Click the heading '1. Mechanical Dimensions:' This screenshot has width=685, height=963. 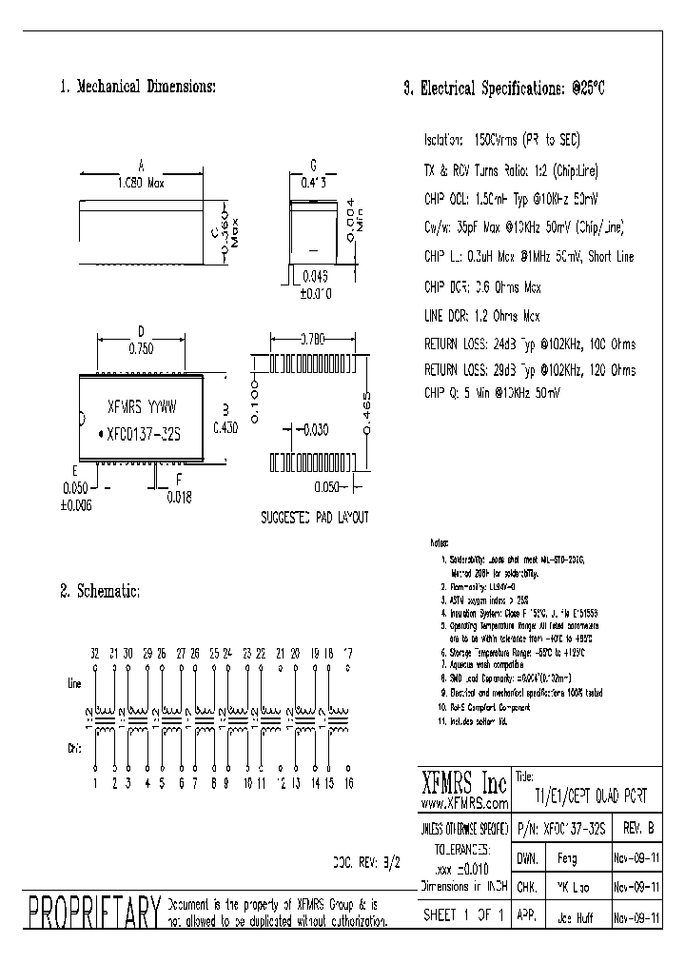[x=137, y=87]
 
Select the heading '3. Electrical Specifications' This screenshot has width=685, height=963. [x=504, y=88]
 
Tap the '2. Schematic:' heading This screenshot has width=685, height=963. [x=100, y=591]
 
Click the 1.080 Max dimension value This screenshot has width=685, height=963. [x=141, y=183]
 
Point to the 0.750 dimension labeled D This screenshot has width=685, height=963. [x=140, y=348]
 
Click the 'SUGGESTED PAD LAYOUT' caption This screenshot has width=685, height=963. [x=314, y=518]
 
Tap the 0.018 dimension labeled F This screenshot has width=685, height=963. [x=179, y=496]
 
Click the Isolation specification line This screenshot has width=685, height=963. [x=501, y=140]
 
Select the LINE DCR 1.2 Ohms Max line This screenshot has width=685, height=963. [x=481, y=316]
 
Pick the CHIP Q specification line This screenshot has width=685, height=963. [x=491, y=392]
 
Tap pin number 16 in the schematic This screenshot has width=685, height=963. [x=348, y=783]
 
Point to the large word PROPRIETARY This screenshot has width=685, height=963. [x=93, y=913]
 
